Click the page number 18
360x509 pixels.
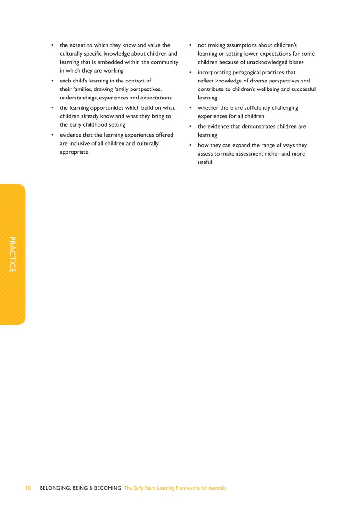(x=28, y=488)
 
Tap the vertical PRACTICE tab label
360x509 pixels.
(x=13, y=254)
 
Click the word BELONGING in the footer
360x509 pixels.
(x=55, y=488)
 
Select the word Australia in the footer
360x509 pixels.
(x=216, y=488)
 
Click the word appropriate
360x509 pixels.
(x=74, y=152)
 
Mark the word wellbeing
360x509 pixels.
(x=265, y=90)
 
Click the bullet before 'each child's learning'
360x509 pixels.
(x=52, y=81)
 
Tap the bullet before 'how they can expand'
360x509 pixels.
(x=190, y=145)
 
